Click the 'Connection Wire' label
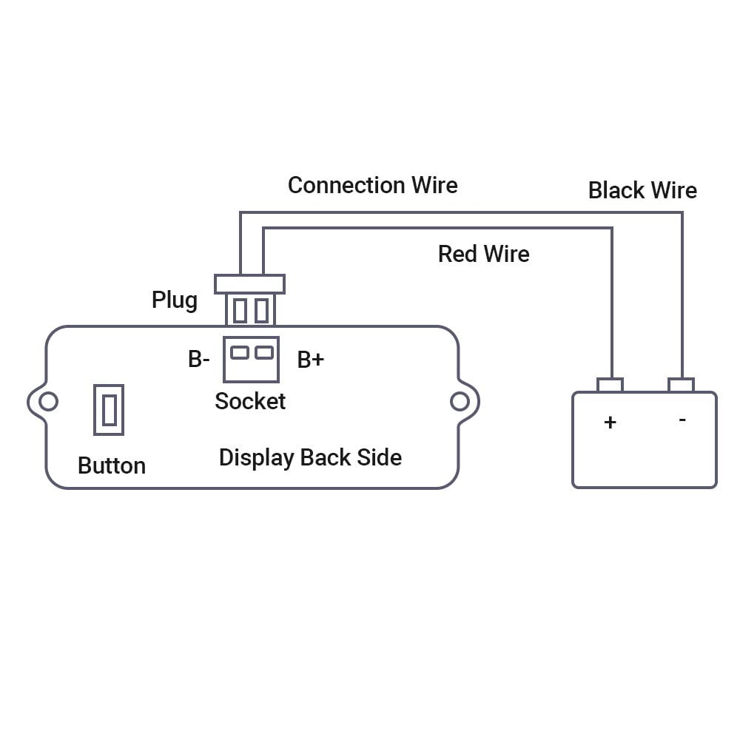[x=372, y=185]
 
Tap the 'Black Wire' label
[x=642, y=190]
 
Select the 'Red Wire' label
[x=484, y=254]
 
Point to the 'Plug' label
[x=175, y=300]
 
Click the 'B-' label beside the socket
[x=198, y=359]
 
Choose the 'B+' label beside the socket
[x=311, y=360]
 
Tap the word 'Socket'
[x=250, y=401]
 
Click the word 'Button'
[x=112, y=465]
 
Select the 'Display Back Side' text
[x=311, y=458]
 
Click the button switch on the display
[x=109, y=410]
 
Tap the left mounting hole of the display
[x=48, y=402]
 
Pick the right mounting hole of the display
[x=460, y=402]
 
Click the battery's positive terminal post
[x=610, y=385]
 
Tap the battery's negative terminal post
[x=682, y=385]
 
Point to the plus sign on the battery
[x=610, y=422]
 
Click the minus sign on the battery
[x=682, y=419]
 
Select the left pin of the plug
[x=240, y=311]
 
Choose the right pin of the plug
[x=261, y=311]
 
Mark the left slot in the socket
[x=240, y=352]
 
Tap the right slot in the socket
[x=264, y=352]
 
